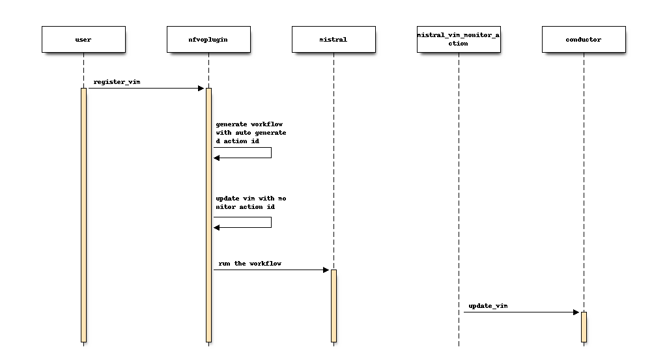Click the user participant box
83,39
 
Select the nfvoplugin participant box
208,39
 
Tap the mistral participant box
333,39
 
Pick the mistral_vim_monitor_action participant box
459,39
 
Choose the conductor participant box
584,39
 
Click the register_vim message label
117,82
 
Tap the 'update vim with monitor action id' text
251,202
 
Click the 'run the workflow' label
250,264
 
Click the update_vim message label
488,305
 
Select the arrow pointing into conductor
521,312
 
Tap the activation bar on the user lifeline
83,215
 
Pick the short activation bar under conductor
584,326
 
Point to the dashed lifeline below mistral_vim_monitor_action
459,195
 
